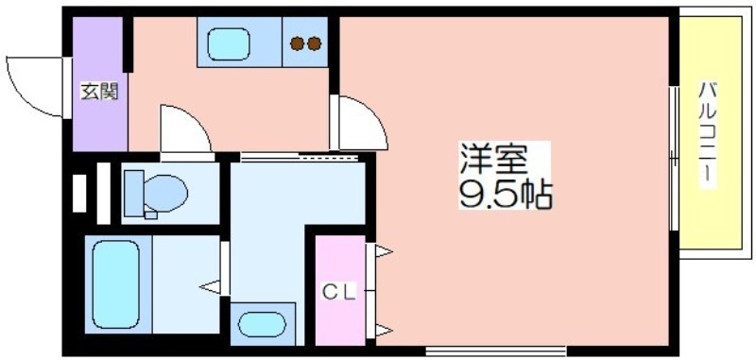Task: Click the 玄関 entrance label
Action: [x=99, y=91]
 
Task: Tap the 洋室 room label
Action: [x=492, y=159]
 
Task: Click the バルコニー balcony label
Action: [x=708, y=135]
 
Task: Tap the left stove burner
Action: [x=297, y=43]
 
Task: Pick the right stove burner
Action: [x=315, y=43]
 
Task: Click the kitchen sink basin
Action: [x=229, y=44]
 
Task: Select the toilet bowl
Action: [x=165, y=193]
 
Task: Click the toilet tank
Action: [x=133, y=194]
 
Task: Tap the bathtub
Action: [x=116, y=284]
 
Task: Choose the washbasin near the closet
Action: [x=262, y=324]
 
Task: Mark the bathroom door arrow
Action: [x=210, y=287]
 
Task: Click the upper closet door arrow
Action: [x=384, y=251]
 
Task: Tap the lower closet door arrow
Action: [x=384, y=330]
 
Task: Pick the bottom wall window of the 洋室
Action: [x=495, y=350]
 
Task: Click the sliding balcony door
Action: [x=674, y=158]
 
